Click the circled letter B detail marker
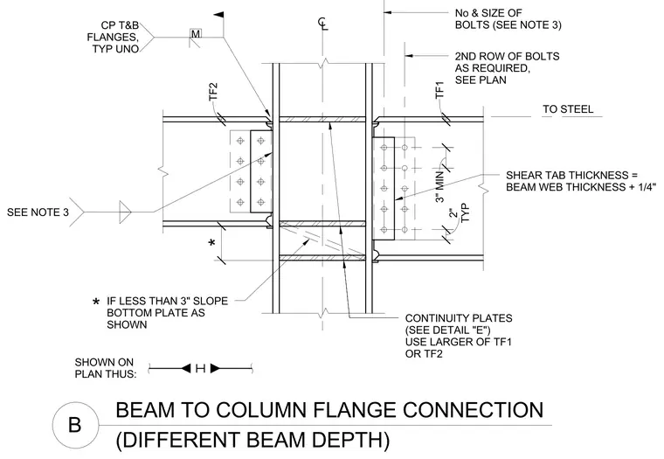74,425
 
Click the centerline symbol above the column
323,24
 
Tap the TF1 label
440,90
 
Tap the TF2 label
213,92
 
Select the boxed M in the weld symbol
196,34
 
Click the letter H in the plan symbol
200,369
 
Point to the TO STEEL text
568,109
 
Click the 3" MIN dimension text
440,186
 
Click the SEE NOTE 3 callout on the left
38,212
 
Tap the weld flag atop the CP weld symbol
218,15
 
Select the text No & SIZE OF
488,13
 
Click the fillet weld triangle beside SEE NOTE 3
125,212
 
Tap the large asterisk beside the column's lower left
212,243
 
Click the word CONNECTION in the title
473,410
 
